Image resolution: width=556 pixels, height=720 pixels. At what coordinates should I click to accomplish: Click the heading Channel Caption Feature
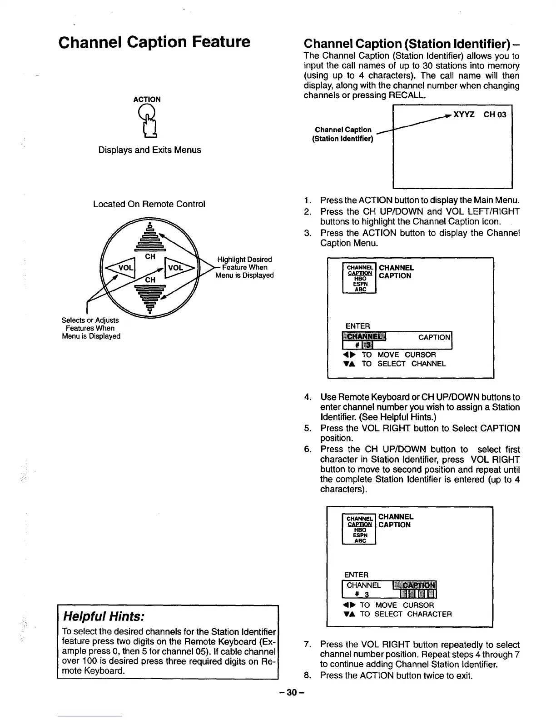(154, 42)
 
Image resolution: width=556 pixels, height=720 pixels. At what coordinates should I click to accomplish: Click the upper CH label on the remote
(150, 257)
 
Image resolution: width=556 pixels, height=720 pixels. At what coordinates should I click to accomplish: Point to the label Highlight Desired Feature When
(244, 263)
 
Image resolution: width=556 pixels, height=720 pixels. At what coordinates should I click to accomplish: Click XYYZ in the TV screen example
(464, 115)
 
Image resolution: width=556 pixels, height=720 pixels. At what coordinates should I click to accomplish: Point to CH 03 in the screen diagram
(494, 115)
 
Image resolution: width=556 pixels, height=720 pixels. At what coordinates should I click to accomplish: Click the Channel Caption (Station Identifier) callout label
(343, 134)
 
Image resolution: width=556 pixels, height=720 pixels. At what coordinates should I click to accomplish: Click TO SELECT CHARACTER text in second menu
(406, 614)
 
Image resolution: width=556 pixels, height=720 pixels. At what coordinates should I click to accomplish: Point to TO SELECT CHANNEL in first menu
(403, 364)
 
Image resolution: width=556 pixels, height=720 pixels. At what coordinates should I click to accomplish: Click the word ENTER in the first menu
(358, 326)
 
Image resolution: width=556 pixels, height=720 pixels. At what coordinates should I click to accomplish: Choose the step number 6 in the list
(308, 449)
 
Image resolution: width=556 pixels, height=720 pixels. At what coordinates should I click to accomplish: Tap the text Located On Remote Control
(149, 204)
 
